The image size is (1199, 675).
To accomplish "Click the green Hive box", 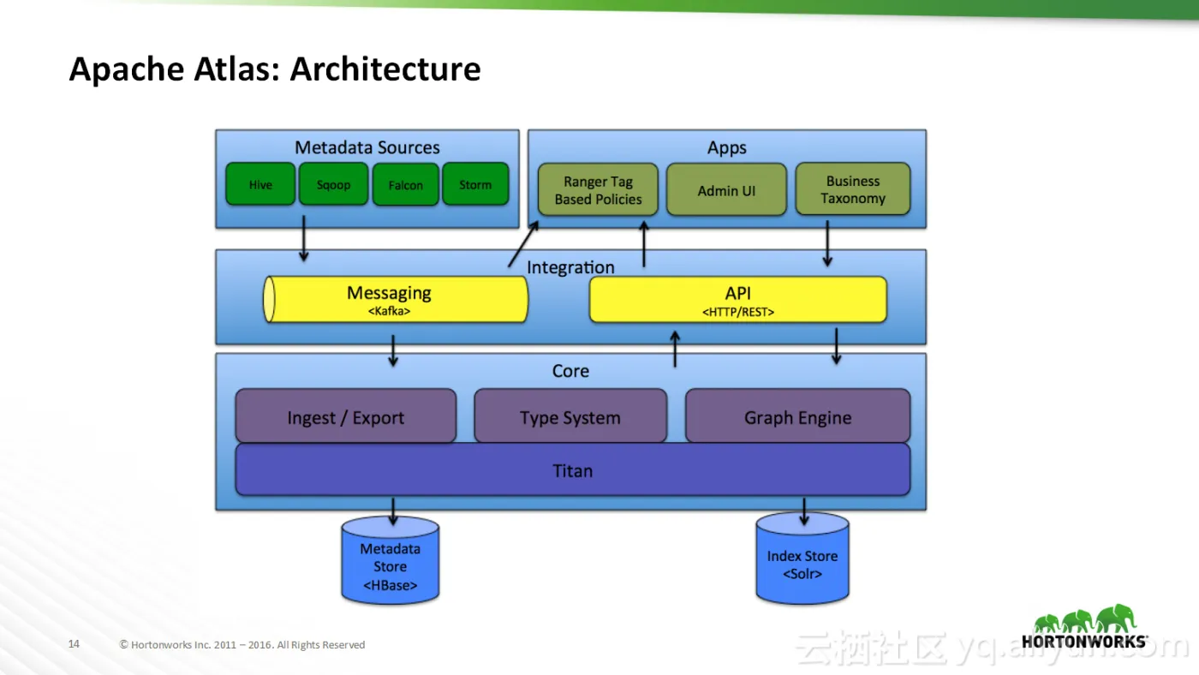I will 260,184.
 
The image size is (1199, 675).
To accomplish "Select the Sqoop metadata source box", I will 333,184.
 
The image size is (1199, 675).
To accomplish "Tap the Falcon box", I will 405,185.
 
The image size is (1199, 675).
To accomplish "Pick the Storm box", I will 475,184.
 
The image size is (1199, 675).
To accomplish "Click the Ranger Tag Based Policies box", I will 598,190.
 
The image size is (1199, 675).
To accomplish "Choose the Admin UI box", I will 726,190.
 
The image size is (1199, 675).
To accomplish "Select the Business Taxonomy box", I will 853,189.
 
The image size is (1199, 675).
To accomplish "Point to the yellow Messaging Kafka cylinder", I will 395,299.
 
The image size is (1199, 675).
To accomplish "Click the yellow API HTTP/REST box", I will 737,300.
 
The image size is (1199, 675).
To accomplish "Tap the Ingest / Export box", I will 345,416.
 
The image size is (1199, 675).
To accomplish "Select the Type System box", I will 570,416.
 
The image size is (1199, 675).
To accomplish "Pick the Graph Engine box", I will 797,416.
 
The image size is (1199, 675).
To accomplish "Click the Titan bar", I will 572,469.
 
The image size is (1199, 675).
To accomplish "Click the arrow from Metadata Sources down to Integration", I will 303,239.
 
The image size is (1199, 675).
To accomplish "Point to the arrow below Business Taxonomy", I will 827,243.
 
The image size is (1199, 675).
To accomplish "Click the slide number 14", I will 74,644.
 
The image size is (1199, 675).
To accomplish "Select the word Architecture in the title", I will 385,69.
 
